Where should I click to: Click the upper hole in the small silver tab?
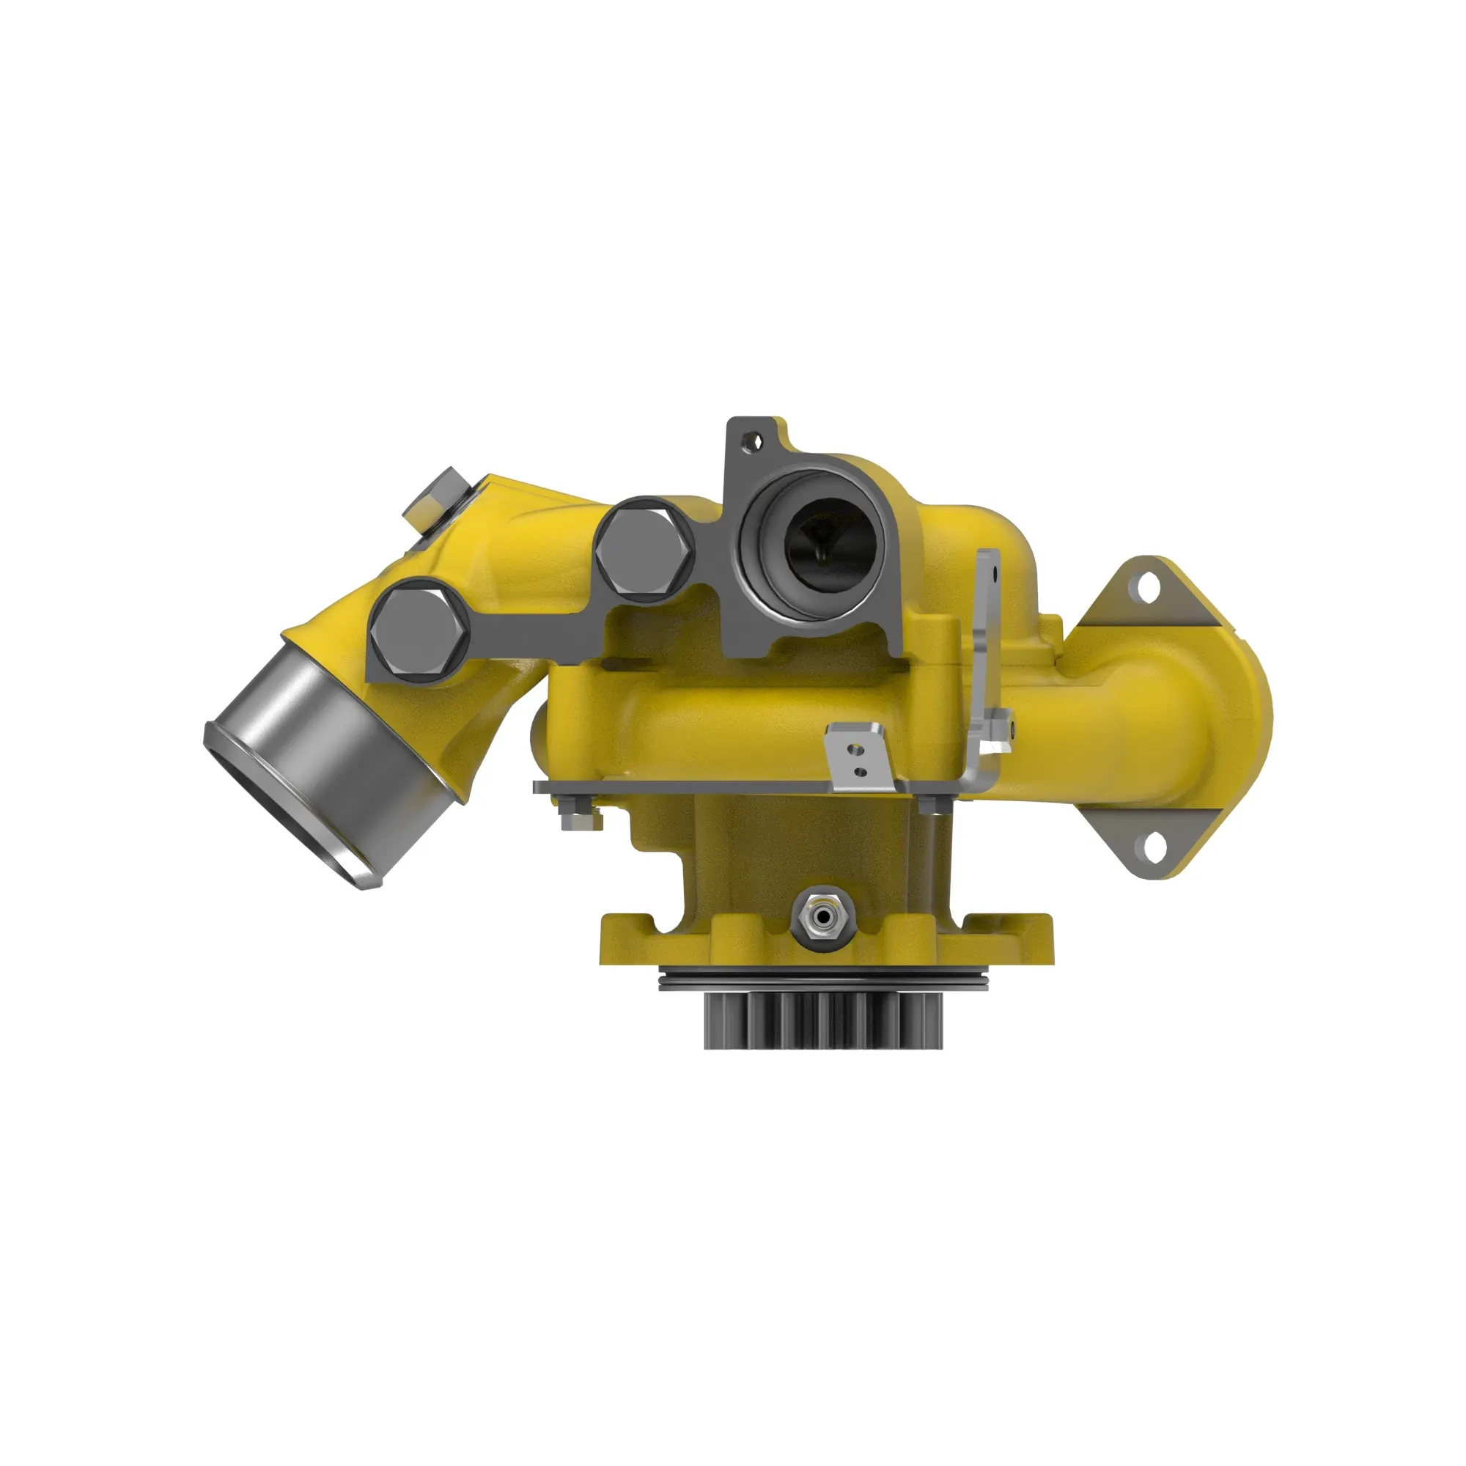click(855, 751)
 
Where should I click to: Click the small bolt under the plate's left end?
click(578, 819)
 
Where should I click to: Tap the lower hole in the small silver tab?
click(860, 772)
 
